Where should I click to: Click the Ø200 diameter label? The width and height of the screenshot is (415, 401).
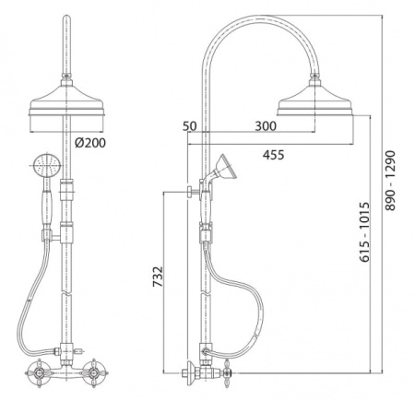tap(90, 142)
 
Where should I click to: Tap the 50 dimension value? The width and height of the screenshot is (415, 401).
tap(189, 126)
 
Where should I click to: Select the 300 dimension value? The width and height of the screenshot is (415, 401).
tap(266, 126)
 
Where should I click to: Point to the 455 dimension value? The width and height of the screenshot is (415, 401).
tap(273, 155)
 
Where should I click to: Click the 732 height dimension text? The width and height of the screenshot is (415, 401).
tap(158, 277)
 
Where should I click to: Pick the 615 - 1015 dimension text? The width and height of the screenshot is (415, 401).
tap(365, 232)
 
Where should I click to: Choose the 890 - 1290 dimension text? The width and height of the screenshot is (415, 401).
tap(390, 181)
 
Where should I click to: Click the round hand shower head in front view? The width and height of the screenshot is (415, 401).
tap(47, 166)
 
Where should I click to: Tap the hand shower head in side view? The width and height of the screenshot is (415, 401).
tap(225, 167)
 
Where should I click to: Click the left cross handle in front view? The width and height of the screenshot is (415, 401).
tap(39, 373)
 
